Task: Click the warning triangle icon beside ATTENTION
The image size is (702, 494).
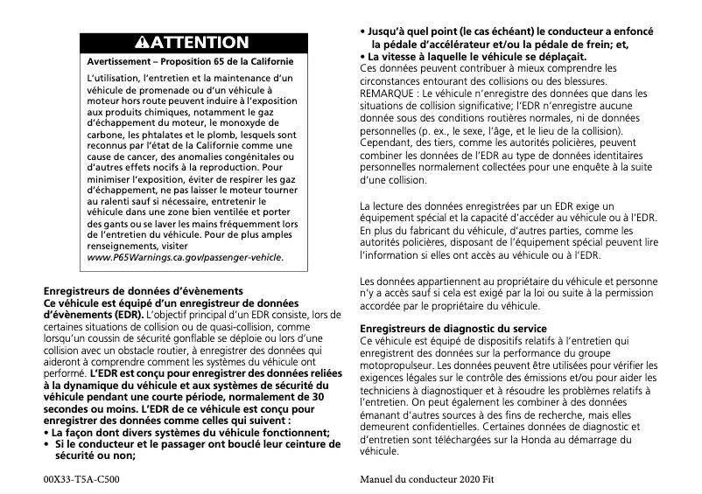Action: click(145, 43)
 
